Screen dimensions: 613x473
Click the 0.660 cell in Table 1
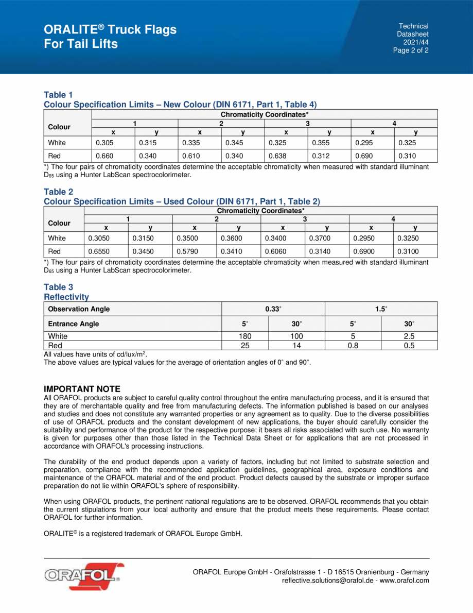[x=104, y=156]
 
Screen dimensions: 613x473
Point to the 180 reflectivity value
[x=245, y=336]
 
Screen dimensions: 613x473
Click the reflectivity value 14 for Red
[x=297, y=346]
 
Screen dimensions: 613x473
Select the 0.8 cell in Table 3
[x=353, y=346]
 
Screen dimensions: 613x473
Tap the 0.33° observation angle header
[x=273, y=309]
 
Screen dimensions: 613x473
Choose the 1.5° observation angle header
[x=381, y=309]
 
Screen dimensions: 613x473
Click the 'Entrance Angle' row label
[x=73, y=324]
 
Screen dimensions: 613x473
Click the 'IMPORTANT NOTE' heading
[x=82, y=389]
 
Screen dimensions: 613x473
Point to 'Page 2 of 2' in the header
[x=411, y=50]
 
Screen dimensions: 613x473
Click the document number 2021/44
[x=415, y=42]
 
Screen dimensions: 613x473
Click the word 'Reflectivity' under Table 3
[x=66, y=297]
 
